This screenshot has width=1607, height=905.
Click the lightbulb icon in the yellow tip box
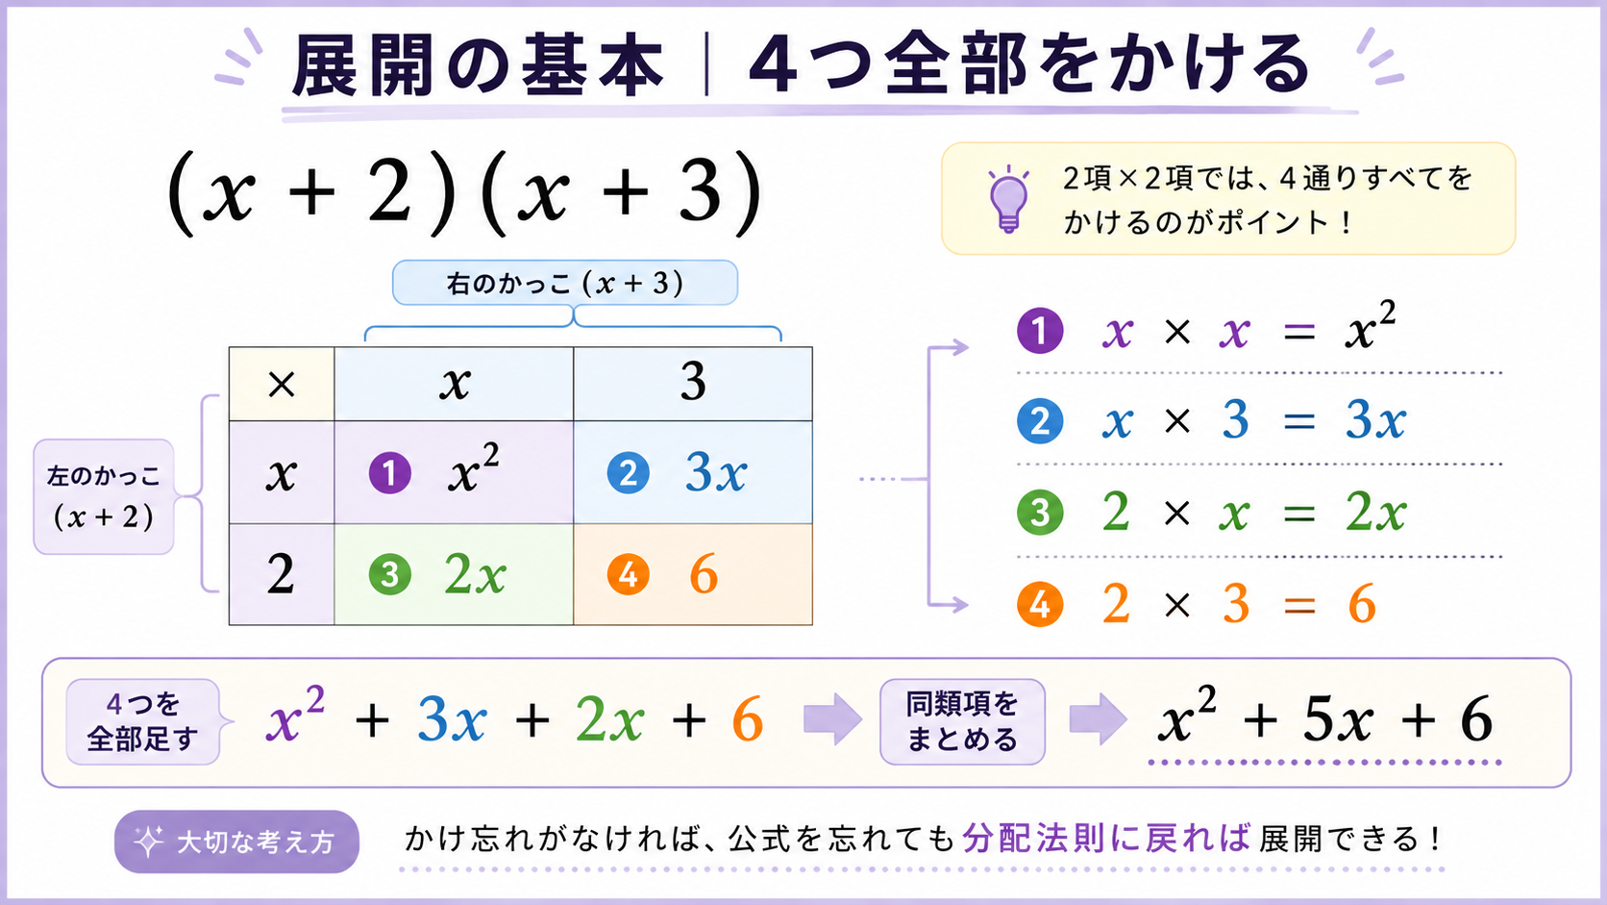[x=1008, y=199]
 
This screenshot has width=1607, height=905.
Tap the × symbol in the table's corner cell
[x=282, y=385]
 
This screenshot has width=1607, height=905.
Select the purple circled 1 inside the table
[x=389, y=473]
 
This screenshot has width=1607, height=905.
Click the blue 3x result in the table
[x=716, y=473]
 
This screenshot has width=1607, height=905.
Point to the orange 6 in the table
[x=704, y=574]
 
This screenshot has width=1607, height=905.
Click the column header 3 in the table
[x=693, y=382]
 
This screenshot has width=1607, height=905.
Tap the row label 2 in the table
[x=281, y=574]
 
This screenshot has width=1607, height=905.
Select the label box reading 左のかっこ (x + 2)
[x=104, y=496]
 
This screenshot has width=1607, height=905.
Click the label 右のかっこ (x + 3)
[x=565, y=283]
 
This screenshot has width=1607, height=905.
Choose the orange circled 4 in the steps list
[x=1040, y=604]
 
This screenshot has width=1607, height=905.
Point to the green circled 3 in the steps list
[x=1040, y=513]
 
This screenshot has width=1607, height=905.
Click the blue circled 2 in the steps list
[x=1040, y=420]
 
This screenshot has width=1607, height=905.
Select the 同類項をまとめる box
[x=963, y=721]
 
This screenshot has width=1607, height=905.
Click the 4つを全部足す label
[x=143, y=721]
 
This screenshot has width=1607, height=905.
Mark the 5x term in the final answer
[x=1339, y=719]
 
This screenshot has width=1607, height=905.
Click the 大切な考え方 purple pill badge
[x=236, y=842]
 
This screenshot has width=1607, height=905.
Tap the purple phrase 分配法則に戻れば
[x=1106, y=839]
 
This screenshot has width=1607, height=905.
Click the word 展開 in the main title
[x=364, y=65]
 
